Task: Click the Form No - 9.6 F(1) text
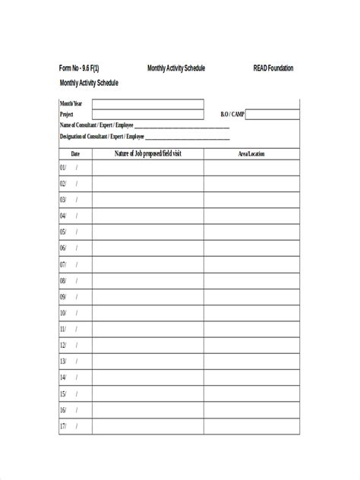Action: pos(79,68)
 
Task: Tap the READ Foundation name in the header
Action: pos(273,68)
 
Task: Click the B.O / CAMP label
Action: pos(232,115)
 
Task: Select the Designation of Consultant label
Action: pos(102,137)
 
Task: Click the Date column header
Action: pos(75,154)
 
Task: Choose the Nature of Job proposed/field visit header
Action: pos(148,154)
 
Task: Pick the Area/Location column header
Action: pos(251,154)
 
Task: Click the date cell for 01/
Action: pos(75,168)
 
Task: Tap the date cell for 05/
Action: pos(75,232)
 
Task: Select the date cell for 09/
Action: pos(75,297)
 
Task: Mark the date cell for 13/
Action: pos(75,362)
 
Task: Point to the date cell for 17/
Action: pos(75,426)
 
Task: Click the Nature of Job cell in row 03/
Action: pos(148,200)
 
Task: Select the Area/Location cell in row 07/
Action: pos(251,264)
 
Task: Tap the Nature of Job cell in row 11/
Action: pos(148,329)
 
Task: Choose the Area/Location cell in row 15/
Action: pos(251,394)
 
